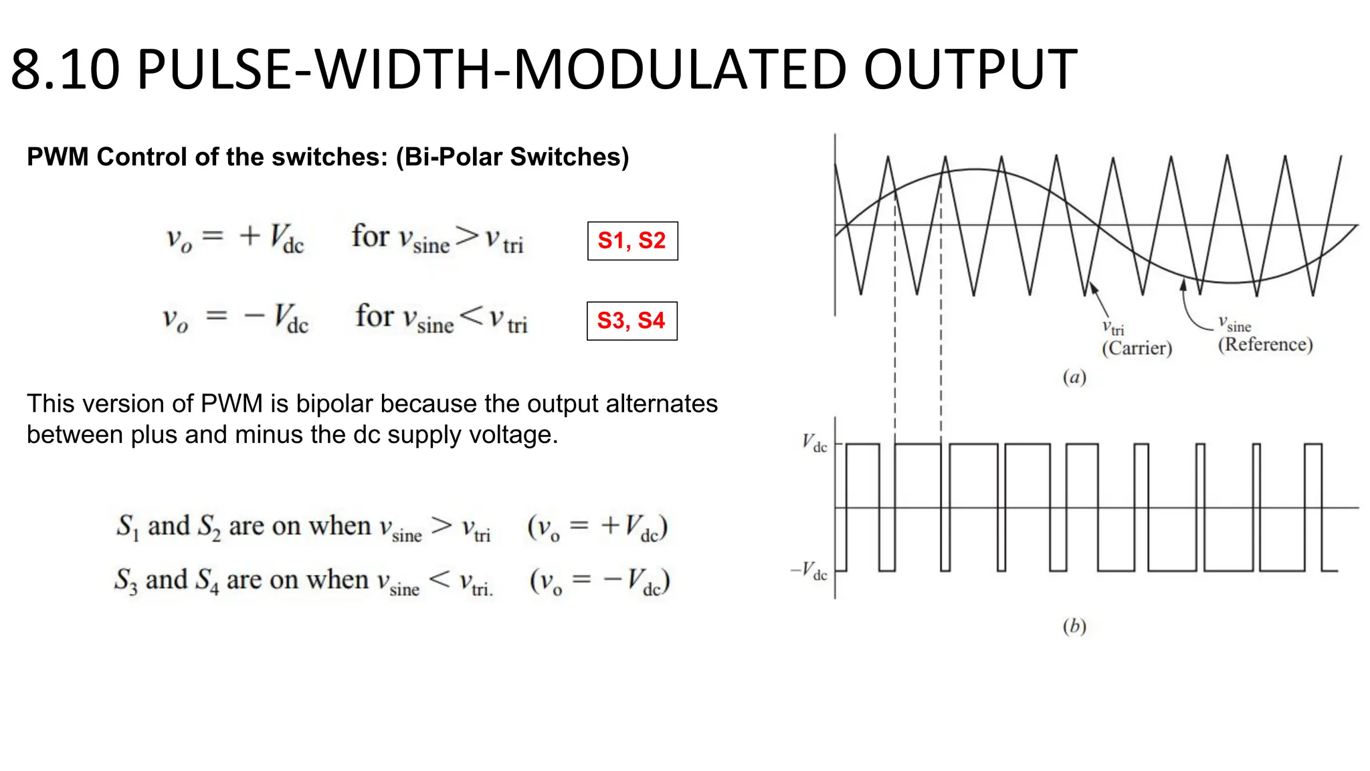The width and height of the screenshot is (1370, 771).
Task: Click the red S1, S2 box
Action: [x=632, y=241]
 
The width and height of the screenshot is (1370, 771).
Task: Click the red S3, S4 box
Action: [x=631, y=321]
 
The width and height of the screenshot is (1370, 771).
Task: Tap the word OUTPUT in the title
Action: [x=970, y=70]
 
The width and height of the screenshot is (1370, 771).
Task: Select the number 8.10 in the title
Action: [x=66, y=70]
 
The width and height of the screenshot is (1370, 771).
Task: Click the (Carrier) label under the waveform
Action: [x=1137, y=348]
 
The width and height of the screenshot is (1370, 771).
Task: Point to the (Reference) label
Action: [x=1265, y=345]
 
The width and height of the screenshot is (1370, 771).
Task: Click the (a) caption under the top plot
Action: [x=1074, y=377]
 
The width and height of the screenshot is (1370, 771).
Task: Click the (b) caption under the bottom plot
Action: [x=1074, y=626]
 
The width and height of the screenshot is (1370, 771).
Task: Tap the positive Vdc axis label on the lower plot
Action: [x=815, y=443]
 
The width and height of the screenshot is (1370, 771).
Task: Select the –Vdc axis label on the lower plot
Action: [x=809, y=572]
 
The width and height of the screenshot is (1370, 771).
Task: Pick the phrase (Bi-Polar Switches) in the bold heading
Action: [x=512, y=157]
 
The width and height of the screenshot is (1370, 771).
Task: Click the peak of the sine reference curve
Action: [x=975, y=169]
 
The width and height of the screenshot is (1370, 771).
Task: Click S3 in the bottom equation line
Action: [x=126, y=580]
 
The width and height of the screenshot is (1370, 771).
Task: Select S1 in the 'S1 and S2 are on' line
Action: [x=128, y=527]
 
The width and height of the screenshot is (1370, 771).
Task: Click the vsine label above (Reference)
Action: [x=1234, y=325]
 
